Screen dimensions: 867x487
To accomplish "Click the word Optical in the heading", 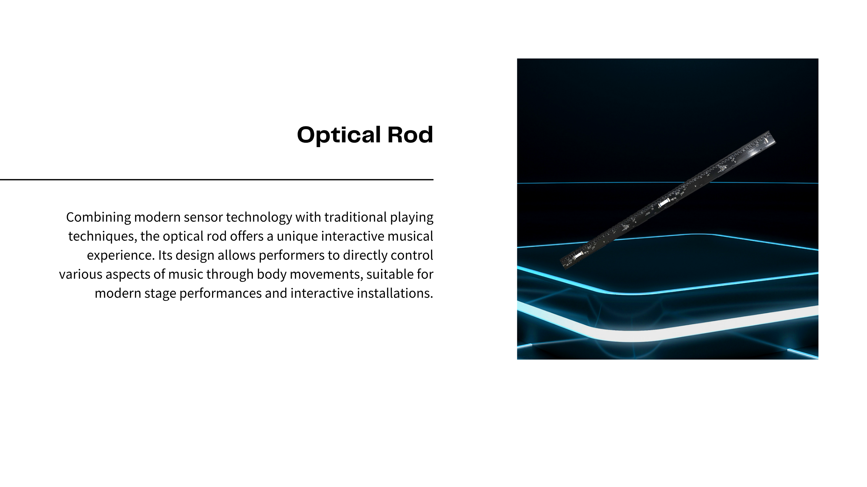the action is (339, 135).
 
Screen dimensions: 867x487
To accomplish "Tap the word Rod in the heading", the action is (410, 134).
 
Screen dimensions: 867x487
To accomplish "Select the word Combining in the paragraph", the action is (98, 218).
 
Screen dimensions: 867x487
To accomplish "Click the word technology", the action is (259, 218).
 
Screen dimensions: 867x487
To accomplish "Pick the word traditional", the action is (355, 217).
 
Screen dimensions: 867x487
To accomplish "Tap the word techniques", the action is (102, 237).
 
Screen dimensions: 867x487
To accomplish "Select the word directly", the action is (365, 256).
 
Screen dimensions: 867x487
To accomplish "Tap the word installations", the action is (395, 293).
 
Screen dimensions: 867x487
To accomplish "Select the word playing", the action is (412, 218).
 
